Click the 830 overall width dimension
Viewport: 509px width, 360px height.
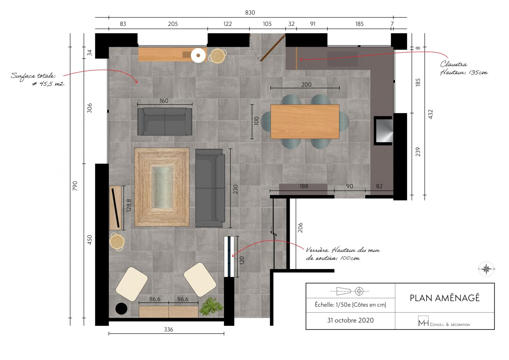tap(250, 12)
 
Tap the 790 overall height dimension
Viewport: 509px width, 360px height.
tap(75, 186)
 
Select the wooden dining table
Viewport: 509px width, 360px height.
tap(305, 122)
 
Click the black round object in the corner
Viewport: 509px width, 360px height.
tap(121, 309)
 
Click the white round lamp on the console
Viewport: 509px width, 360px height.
tap(198, 55)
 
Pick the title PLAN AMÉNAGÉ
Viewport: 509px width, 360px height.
tap(445, 298)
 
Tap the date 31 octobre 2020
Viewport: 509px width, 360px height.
tap(350, 320)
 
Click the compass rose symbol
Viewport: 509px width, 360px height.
tap(486, 269)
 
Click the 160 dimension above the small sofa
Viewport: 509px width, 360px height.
tap(164, 101)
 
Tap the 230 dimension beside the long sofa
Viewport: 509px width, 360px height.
tap(235, 189)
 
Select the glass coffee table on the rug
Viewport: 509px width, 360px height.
tap(162, 187)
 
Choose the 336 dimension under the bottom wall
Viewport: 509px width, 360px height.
tap(168, 329)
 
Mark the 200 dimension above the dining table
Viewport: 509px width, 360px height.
tap(306, 85)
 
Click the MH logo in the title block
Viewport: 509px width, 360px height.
tap(423, 321)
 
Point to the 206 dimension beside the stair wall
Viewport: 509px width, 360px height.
tap(300, 228)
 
